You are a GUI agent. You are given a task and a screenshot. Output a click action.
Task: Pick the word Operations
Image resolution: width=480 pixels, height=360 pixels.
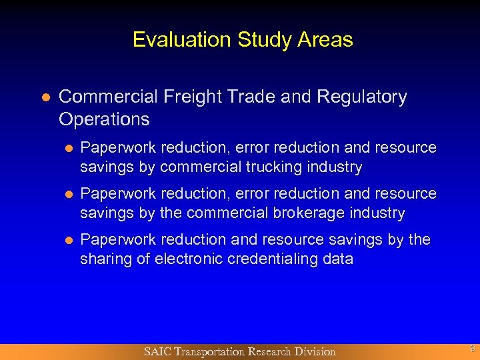pyautogui.click(x=104, y=119)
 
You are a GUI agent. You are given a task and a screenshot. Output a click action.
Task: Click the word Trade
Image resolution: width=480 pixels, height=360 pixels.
pyautogui.click(x=254, y=97)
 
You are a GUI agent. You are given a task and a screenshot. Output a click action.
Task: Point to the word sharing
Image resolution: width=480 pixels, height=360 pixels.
pyautogui.click(x=105, y=259)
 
